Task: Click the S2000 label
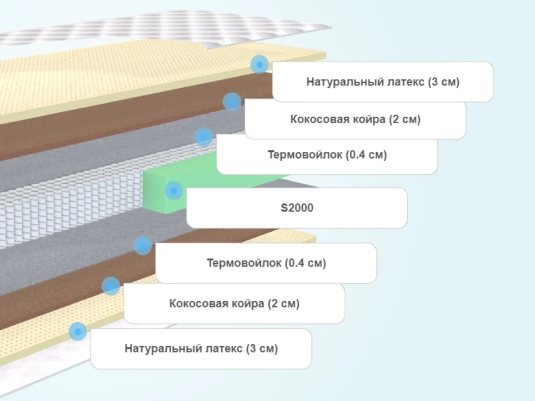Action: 297,208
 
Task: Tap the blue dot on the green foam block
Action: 174,191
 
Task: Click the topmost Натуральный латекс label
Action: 383,82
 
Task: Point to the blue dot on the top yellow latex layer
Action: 259,65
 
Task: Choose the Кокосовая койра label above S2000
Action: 355,119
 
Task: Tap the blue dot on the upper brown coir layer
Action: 232,102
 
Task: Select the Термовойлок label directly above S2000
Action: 327,155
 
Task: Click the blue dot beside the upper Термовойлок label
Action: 204,137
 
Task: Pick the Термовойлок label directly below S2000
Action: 266,263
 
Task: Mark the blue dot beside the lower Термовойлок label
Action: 143,246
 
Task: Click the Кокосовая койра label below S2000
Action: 234,304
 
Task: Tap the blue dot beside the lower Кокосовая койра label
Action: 111,286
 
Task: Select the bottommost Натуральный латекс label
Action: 201,348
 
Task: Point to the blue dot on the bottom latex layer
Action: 78,331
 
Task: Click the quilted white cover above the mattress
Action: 169,27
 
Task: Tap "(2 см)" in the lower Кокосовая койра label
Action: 284,304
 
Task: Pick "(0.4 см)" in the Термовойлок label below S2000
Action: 305,263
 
